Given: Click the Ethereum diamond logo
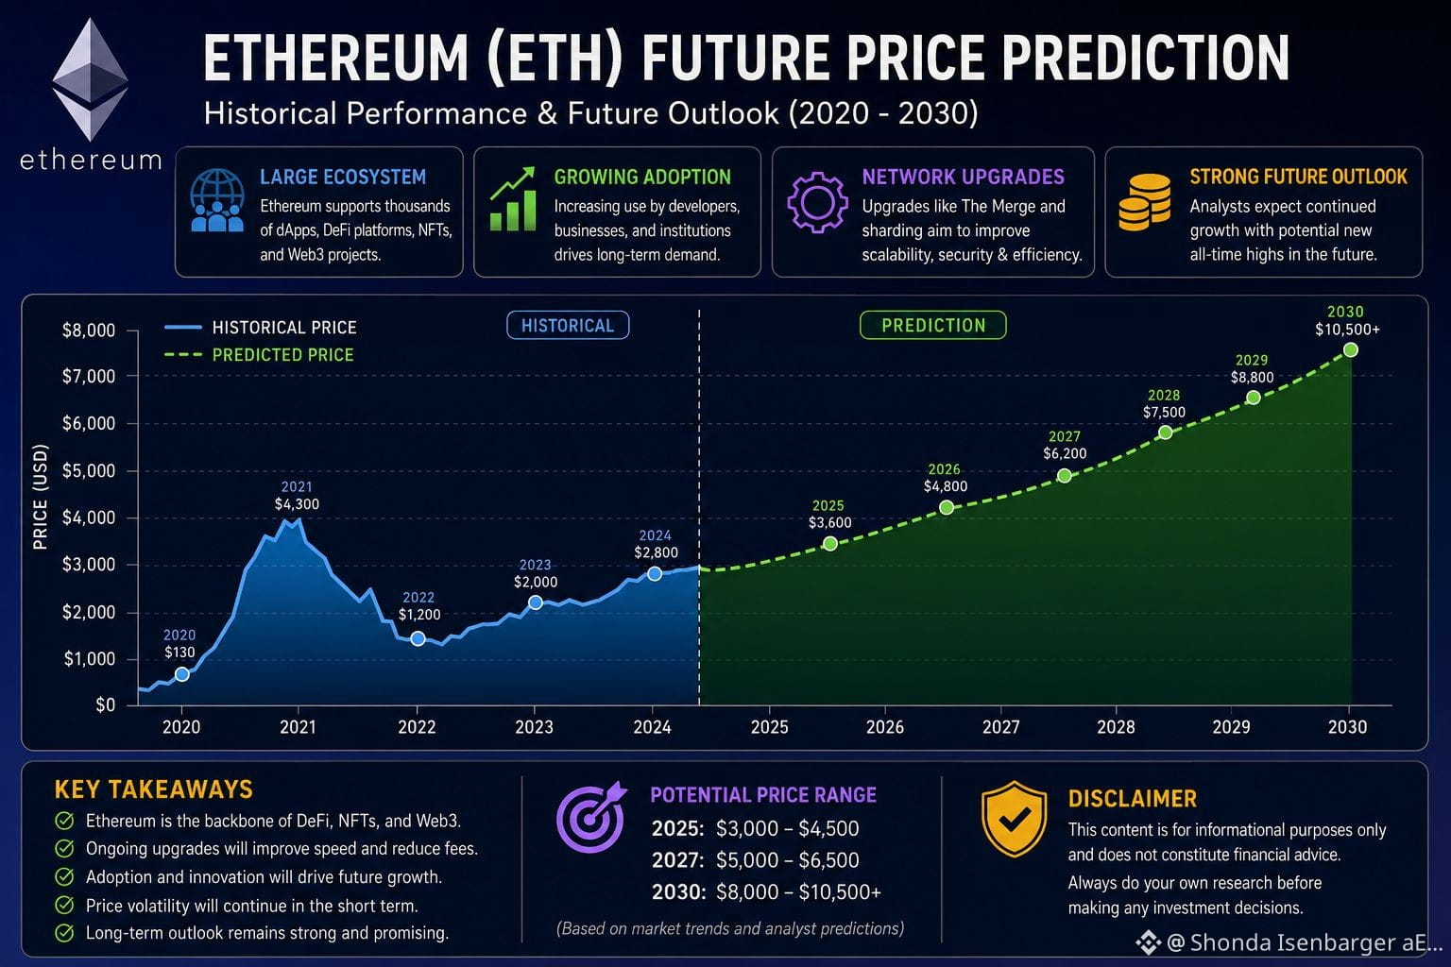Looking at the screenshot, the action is [x=90, y=79].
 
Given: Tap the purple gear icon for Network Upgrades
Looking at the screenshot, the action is [x=817, y=202].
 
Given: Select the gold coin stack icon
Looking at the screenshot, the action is [x=1145, y=202].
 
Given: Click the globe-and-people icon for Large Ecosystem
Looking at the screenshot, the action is [x=217, y=200].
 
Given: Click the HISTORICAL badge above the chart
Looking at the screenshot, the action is [x=568, y=325].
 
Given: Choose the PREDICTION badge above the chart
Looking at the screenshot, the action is [x=932, y=325].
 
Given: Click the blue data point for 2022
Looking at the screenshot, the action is [x=418, y=639].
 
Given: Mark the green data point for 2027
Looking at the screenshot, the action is [x=1065, y=476].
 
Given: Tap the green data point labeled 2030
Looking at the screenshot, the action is [x=1351, y=350].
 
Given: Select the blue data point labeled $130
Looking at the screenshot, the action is [x=182, y=674].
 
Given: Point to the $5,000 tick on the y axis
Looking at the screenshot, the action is [x=90, y=471].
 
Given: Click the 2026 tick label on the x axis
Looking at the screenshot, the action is [x=885, y=727].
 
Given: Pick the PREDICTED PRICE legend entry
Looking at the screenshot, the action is [x=259, y=355].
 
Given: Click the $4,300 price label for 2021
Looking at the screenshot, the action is [x=297, y=504].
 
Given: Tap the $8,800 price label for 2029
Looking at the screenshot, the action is [x=1252, y=377].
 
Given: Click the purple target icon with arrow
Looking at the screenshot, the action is [x=591, y=817].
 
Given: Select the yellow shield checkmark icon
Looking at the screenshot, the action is [x=1015, y=820].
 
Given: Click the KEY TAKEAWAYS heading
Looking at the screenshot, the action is [x=154, y=789].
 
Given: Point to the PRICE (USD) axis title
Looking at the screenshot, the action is [x=41, y=497].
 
